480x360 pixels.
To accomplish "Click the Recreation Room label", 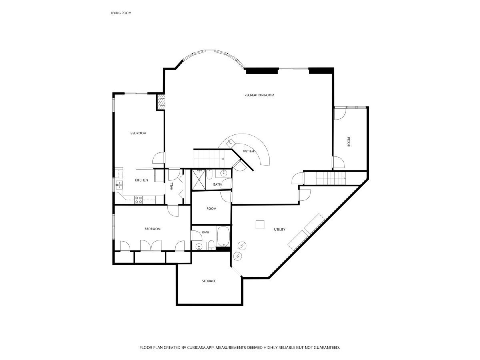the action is click(259, 95).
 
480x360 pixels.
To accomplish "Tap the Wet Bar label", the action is click(249, 151).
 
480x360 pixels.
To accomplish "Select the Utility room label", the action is click(280, 229).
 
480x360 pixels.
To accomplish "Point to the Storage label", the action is click(209, 281).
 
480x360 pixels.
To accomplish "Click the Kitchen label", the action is click(141, 180).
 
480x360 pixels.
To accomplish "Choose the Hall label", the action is click(172, 186).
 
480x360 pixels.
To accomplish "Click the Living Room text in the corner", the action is click(121, 13).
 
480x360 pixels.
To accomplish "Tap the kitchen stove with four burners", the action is click(138, 200).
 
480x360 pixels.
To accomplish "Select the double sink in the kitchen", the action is click(119, 185).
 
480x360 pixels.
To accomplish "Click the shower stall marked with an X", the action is click(199, 180).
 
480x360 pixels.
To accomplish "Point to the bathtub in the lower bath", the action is click(223, 236).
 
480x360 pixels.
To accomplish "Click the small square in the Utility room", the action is click(260, 225).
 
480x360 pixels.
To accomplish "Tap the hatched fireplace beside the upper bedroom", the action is click(161, 102).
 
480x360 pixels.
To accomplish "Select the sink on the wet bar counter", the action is click(230, 144).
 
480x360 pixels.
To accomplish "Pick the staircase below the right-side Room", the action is click(331, 178).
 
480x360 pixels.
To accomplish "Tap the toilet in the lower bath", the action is click(212, 245).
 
